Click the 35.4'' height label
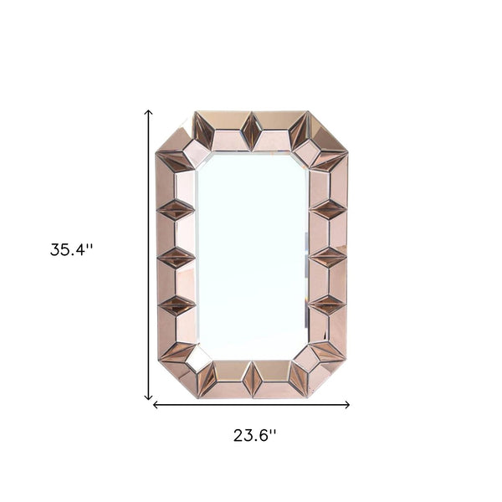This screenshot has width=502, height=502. [x=71, y=249]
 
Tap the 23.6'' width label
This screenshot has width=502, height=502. [x=254, y=434]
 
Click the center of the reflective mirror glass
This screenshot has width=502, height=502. [x=252, y=255]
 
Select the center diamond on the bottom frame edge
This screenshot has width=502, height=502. [x=252, y=379]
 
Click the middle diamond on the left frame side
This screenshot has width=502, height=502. [x=177, y=257]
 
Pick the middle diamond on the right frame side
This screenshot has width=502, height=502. [x=327, y=257]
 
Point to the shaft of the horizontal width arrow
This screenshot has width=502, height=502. [x=251, y=405]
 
